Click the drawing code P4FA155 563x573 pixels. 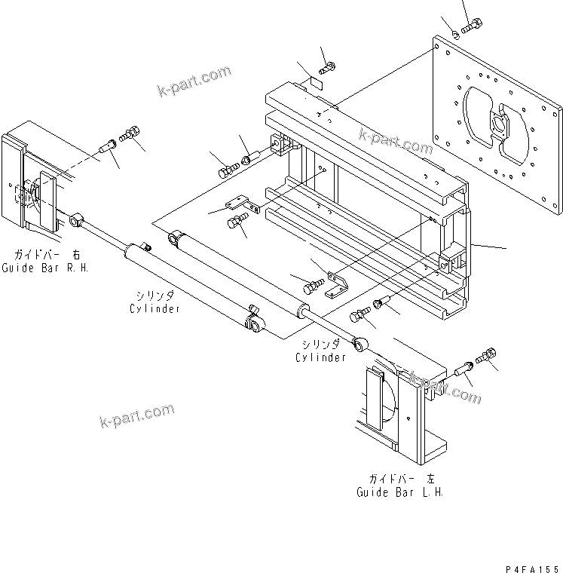[x=532, y=569]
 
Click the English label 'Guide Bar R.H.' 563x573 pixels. [x=45, y=268]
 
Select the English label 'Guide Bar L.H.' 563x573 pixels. [x=400, y=492]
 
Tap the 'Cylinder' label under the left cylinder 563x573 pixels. [x=155, y=309]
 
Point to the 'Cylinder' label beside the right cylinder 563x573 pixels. [x=320, y=357]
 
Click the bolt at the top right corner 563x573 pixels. [x=472, y=26]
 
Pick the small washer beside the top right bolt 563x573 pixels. [x=456, y=35]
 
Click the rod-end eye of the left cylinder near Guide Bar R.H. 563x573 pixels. [x=76, y=221]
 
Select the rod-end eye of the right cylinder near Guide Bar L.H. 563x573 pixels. [x=360, y=345]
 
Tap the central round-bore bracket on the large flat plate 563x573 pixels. [x=498, y=124]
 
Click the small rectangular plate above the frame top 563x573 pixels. [x=317, y=83]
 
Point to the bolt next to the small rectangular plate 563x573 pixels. [x=327, y=68]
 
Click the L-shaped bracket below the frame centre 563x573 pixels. [x=336, y=285]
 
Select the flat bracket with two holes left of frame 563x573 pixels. [x=242, y=204]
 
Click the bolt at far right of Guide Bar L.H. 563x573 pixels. [x=486, y=355]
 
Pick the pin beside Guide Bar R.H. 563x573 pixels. [x=108, y=146]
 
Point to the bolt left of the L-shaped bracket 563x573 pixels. [x=314, y=286]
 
